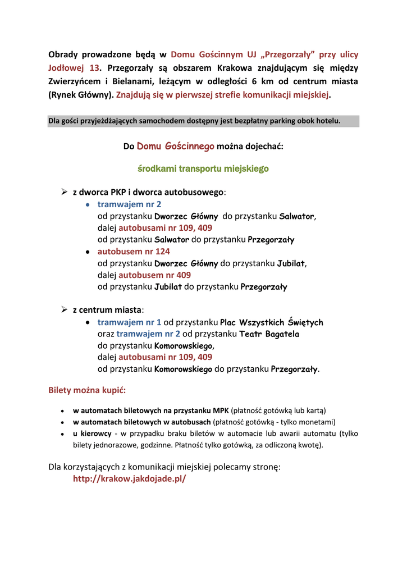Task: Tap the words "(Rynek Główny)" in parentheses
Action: [80, 95]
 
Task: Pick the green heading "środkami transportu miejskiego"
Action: [203, 168]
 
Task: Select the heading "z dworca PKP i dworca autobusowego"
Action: [149, 192]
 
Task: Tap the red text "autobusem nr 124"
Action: [134, 251]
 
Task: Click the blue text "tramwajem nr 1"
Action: [129, 322]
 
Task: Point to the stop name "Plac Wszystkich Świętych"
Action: [271, 322]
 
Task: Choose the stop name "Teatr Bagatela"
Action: [269, 334]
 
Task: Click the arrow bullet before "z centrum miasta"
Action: [64, 309]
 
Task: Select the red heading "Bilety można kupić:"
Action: [87, 390]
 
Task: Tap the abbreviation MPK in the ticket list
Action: [220, 410]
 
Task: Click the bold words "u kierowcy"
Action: [92, 433]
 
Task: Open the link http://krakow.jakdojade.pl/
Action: [129, 479]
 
